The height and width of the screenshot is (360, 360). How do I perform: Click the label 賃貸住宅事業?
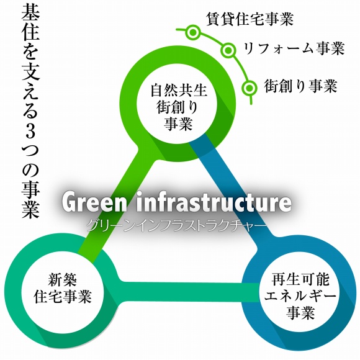click(x=250, y=19)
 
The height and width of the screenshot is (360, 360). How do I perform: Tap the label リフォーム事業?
click(x=294, y=48)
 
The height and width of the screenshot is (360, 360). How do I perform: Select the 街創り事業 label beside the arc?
click(x=300, y=86)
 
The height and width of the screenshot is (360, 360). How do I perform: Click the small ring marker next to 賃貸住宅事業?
click(x=193, y=32)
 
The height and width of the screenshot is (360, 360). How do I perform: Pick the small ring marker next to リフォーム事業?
click(x=228, y=50)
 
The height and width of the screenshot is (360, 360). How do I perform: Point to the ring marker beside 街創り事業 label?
click(x=249, y=88)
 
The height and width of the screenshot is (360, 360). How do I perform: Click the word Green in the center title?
click(x=94, y=202)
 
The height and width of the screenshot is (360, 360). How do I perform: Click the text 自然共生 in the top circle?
click(x=179, y=90)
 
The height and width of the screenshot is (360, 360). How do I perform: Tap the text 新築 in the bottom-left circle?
click(x=63, y=279)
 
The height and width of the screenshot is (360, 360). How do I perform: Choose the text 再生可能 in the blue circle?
click(x=300, y=279)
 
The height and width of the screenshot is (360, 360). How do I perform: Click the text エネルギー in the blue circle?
click(x=300, y=296)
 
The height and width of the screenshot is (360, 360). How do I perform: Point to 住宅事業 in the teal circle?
click(x=63, y=296)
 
